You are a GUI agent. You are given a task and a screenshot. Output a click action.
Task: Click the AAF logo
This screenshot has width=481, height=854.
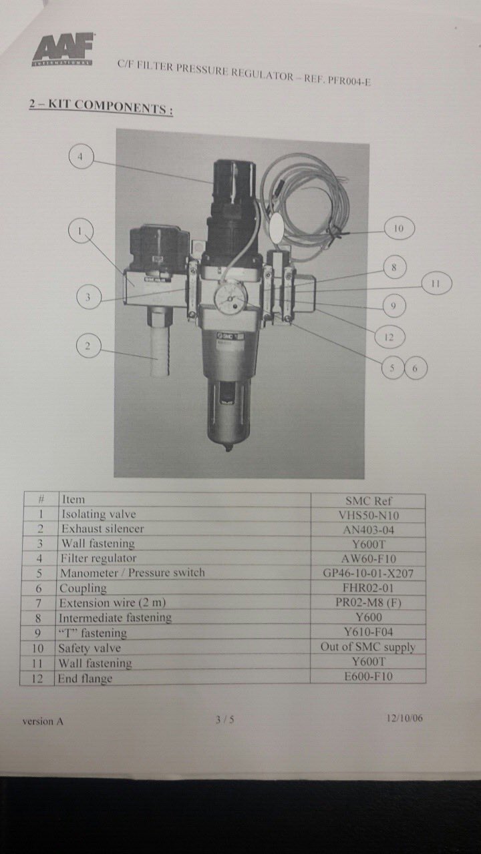tap(63, 49)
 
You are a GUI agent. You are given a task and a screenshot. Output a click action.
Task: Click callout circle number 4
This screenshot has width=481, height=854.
tap(81, 157)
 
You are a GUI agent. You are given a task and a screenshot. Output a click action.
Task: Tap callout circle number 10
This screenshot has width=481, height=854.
tap(399, 228)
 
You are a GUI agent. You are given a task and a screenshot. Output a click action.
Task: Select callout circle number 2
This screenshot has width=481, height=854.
tap(88, 346)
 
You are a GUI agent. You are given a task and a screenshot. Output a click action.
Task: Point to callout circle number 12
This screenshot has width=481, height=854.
tap(389, 337)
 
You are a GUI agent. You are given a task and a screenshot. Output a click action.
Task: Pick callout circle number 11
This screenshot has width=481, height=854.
tap(436, 284)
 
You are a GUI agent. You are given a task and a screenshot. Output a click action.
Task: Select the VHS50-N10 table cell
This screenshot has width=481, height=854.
tap(368, 515)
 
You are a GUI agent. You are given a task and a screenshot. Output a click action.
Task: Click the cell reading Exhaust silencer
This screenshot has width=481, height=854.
tap(185, 529)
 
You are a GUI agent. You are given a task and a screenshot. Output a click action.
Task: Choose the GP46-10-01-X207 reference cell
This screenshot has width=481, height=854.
tap(368, 573)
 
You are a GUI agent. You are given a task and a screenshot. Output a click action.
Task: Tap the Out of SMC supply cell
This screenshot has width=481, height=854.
tap(368, 647)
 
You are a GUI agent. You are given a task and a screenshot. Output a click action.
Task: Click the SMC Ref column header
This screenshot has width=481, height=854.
tap(368, 500)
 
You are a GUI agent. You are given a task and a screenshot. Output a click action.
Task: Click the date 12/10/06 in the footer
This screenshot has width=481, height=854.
tap(405, 719)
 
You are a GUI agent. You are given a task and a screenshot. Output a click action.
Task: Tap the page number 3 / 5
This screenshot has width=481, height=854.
tap(225, 719)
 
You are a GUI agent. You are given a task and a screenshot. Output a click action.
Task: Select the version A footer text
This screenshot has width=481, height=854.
tap(43, 721)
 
